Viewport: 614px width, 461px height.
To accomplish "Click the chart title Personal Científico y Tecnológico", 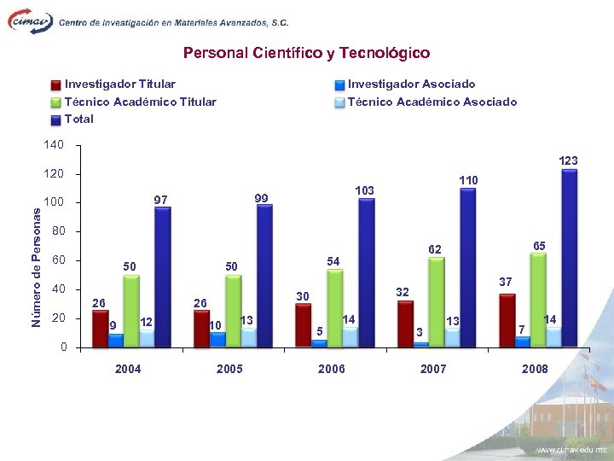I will tap(306, 53).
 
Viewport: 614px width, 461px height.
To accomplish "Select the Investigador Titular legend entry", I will tap(120, 84).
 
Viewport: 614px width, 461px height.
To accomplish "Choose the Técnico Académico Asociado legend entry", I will tap(432, 102).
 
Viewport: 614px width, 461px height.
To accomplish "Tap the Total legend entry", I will tap(79, 119).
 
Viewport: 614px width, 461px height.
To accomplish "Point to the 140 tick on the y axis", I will tap(53, 145).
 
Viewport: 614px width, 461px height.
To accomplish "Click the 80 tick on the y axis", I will tap(58, 231).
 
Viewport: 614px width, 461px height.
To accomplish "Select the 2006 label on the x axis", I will tap(331, 369).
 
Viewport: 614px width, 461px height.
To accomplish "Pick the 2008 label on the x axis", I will tap(535, 369).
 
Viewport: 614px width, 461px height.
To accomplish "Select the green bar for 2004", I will tap(131, 311).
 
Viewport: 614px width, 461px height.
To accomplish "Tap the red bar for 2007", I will tap(405, 324).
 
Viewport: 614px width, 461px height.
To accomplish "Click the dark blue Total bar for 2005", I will tap(264, 276).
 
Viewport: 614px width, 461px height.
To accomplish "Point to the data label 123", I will tap(568, 160).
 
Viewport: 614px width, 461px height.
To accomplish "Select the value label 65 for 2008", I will tap(539, 246).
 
